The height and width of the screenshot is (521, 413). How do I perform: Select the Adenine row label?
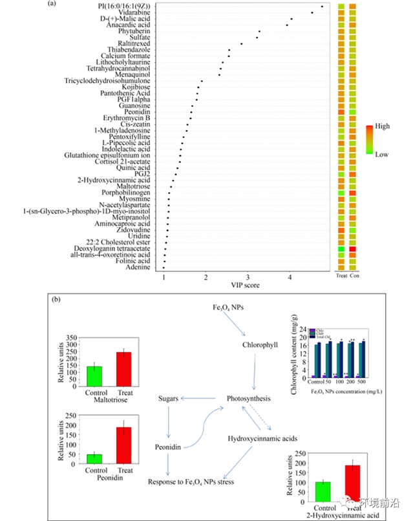tap(138, 267)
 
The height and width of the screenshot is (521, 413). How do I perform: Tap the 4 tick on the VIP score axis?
tap(290, 278)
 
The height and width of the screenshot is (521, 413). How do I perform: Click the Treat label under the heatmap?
tap(341, 276)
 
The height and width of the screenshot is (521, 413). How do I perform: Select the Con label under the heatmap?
tap(354, 276)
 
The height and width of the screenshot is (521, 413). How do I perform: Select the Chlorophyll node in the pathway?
tap(260, 345)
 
